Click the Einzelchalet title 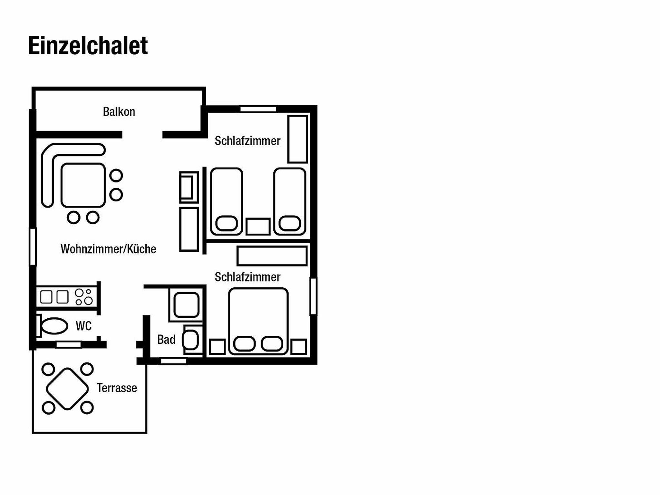pyautogui.click(x=88, y=46)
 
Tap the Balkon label pyautogui.click(x=119, y=112)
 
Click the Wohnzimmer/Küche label pyautogui.click(x=108, y=249)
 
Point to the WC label pyautogui.click(x=84, y=326)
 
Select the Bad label pyautogui.click(x=166, y=340)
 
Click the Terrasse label pyautogui.click(x=117, y=388)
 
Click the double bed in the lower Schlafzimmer pyautogui.click(x=258, y=321)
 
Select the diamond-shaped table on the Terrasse pyautogui.click(x=67, y=389)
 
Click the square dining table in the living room pyautogui.click(x=83, y=185)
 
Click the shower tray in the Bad pyautogui.click(x=186, y=305)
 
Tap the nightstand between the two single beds pyautogui.click(x=258, y=227)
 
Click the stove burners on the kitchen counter pyautogui.click(x=84, y=297)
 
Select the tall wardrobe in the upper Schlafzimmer pyautogui.click(x=297, y=139)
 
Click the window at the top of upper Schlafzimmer pyautogui.click(x=258, y=109)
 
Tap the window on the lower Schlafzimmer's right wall pyautogui.click(x=313, y=296)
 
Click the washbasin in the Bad pyautogui.click(x=190, y=340)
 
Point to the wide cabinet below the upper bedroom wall pyautogui.click(x=272, y=256)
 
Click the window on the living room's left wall pyautogui.click(x=33, y=247)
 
